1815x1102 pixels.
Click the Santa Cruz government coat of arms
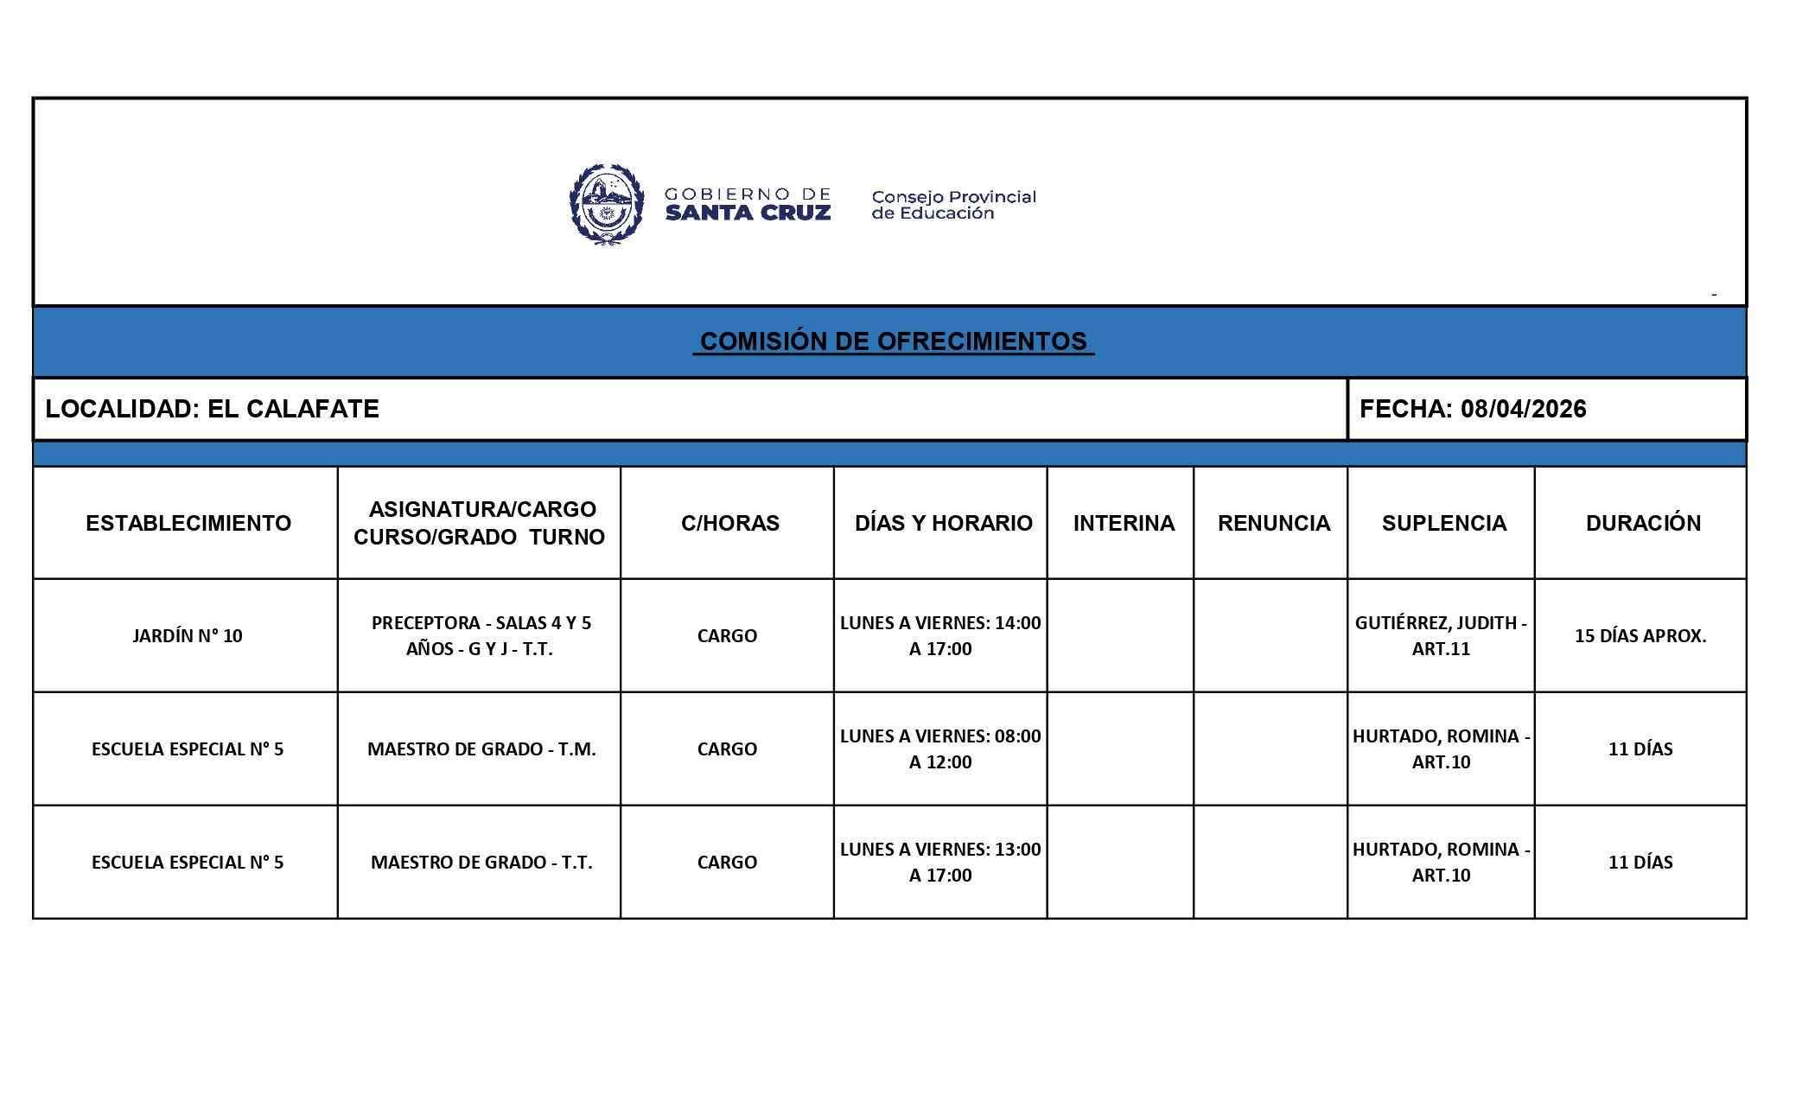607,205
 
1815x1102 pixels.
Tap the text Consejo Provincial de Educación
953,205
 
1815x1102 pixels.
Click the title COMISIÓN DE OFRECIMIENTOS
893,341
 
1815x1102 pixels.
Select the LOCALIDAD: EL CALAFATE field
212,409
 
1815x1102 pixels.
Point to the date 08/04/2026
1523,409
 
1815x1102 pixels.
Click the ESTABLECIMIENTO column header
188,523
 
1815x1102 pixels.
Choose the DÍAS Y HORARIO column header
943,523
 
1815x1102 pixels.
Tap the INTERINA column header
1124,523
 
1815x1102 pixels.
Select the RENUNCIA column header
1273,523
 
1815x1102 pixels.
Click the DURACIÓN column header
1642,523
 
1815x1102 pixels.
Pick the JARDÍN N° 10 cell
188,636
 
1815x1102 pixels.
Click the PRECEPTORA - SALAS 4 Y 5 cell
481,635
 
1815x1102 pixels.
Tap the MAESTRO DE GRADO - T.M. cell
481,749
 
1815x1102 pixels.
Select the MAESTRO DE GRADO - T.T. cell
481,863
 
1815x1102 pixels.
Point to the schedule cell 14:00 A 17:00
940,635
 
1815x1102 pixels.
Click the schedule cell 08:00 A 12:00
940,748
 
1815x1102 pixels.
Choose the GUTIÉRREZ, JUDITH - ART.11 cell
1441,635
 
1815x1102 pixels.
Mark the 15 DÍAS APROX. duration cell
1640,636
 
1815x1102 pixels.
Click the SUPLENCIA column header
1443,523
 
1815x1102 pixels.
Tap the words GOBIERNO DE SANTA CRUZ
748,205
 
